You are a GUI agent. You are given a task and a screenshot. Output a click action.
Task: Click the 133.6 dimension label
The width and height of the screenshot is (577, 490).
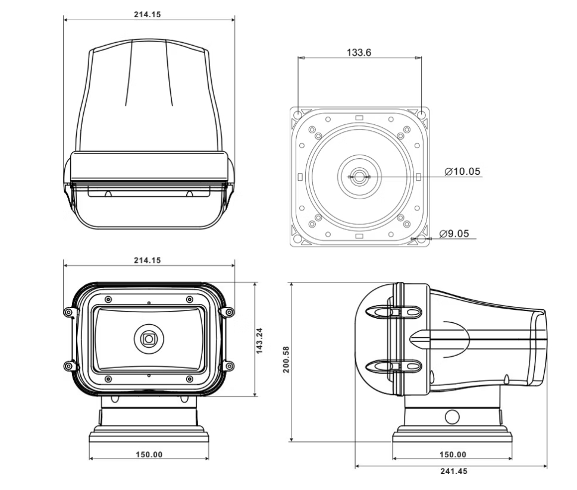coord(359,52)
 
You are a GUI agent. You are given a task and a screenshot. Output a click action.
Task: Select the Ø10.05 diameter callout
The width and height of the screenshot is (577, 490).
coord(462,172)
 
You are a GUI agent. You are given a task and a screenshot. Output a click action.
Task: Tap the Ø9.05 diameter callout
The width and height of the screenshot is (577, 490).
coord(454,234)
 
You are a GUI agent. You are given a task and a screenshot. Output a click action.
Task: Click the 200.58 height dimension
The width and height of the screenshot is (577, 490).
coord(286,359)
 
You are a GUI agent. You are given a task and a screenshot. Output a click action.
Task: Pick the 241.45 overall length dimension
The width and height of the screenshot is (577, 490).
coord(453,470)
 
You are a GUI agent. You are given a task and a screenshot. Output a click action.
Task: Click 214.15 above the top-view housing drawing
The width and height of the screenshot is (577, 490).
coord(147,15)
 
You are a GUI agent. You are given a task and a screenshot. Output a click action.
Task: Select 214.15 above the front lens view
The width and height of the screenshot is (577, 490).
coord(147,260)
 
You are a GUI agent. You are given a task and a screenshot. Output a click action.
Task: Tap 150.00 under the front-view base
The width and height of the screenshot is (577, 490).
coord(149,454)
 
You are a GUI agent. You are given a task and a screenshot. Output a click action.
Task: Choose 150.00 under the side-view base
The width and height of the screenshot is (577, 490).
coord(453,454)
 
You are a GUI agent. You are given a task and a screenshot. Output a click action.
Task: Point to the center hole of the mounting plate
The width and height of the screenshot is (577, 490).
coord(359,177)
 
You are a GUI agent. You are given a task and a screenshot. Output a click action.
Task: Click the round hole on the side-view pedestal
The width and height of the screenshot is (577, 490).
coord(452,416)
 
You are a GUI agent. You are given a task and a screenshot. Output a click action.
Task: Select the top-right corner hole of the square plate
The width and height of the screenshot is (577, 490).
coord(421,114)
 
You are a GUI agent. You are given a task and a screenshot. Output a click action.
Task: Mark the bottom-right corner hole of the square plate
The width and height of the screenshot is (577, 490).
coord(421,239)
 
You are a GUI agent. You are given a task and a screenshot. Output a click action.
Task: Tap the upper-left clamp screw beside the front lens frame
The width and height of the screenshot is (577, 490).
coord(69,312)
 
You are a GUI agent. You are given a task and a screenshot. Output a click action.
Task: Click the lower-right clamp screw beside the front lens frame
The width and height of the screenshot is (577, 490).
coord(229,366)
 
